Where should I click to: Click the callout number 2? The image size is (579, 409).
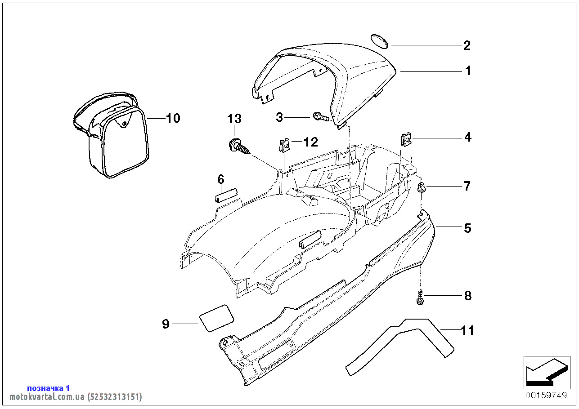click(x=467, y=45)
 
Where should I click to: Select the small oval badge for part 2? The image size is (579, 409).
click(x=379, y=41)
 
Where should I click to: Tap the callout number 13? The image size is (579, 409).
click(x=234, y=119)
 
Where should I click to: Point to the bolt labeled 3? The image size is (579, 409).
click(x=321, y=117)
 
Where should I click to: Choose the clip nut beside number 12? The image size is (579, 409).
click(x=285, y=145)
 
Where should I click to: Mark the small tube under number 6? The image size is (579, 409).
click(x=226, y=196)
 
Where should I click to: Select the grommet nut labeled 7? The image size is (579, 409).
click(x=422, y=187)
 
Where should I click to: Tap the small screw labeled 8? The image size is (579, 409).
click(x=421, y=298)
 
